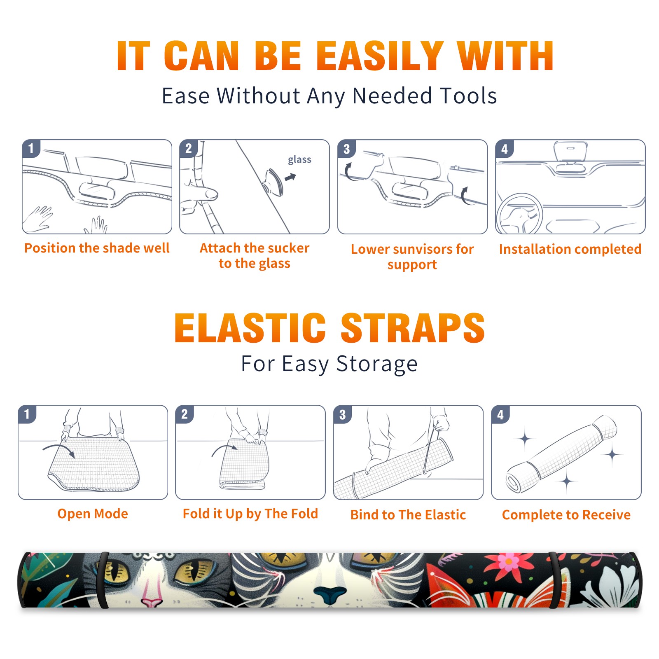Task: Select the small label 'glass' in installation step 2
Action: tap(299, 159)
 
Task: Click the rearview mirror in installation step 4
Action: tap(570, 152)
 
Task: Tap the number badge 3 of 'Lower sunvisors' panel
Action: tap(346, 149)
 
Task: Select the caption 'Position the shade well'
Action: tap(97, 248)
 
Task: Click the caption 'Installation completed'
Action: tap(570, 249)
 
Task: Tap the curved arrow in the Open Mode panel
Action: tap(59, 450)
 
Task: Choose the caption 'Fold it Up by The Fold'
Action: tap(250, 514)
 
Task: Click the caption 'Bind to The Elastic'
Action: tap(408, 514)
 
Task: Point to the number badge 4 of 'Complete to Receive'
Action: tap(500, 414)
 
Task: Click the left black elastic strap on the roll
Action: tap(103, 580)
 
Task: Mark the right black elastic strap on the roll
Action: tap(554, 580)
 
